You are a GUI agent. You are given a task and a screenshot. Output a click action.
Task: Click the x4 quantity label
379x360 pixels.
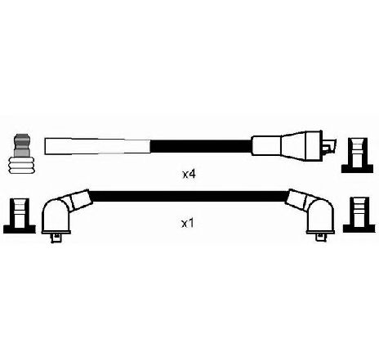tap(189, 174)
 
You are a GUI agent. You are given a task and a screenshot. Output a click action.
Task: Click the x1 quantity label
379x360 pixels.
tap(188, 224)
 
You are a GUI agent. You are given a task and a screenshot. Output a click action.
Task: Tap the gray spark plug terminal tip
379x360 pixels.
tap(22, 145)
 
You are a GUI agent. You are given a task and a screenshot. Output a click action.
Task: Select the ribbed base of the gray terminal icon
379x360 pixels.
tap(22, 165)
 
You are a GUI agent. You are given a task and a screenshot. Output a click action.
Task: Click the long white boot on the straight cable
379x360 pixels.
tap(97, 146)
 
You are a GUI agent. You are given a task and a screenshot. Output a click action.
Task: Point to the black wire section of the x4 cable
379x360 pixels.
tap(201, 146)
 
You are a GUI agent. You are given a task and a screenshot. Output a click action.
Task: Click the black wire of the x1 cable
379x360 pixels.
tap(189, 196)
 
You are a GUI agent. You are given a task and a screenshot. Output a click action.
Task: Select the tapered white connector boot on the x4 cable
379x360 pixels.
tap(288, 146)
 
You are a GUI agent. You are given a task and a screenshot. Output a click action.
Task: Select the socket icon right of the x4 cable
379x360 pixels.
tap(358, 155)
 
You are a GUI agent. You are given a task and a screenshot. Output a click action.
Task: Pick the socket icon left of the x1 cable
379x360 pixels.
tap(20, 216)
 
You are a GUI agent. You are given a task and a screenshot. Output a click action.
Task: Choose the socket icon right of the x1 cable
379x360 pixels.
tap(359, 215)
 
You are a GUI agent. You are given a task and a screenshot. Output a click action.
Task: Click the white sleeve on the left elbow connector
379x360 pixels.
tap(80, 199)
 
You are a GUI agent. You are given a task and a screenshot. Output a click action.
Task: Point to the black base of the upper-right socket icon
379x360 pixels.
tap(358, 168)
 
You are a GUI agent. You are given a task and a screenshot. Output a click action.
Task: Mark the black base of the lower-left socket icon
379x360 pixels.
tap(20, 229)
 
